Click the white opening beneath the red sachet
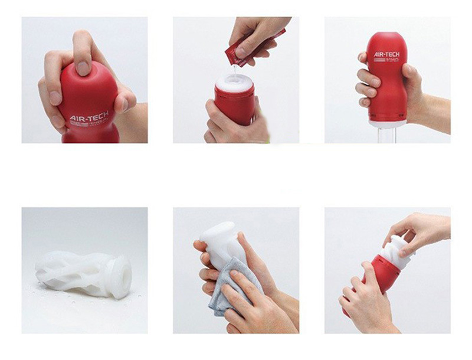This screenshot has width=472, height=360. coord(235,81)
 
